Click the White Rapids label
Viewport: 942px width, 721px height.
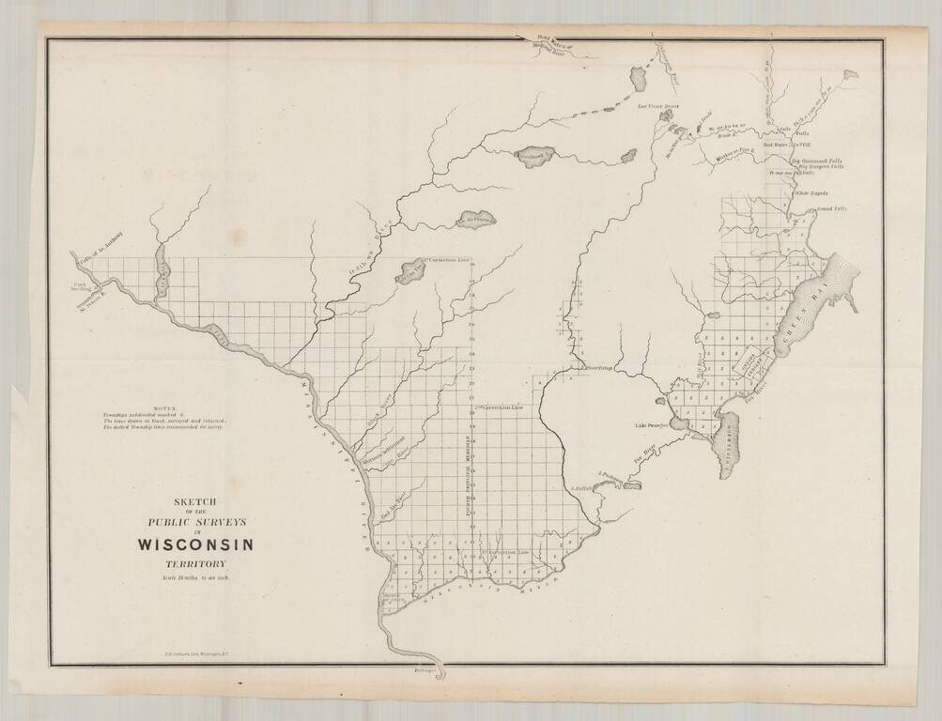[x=811, y=193]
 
